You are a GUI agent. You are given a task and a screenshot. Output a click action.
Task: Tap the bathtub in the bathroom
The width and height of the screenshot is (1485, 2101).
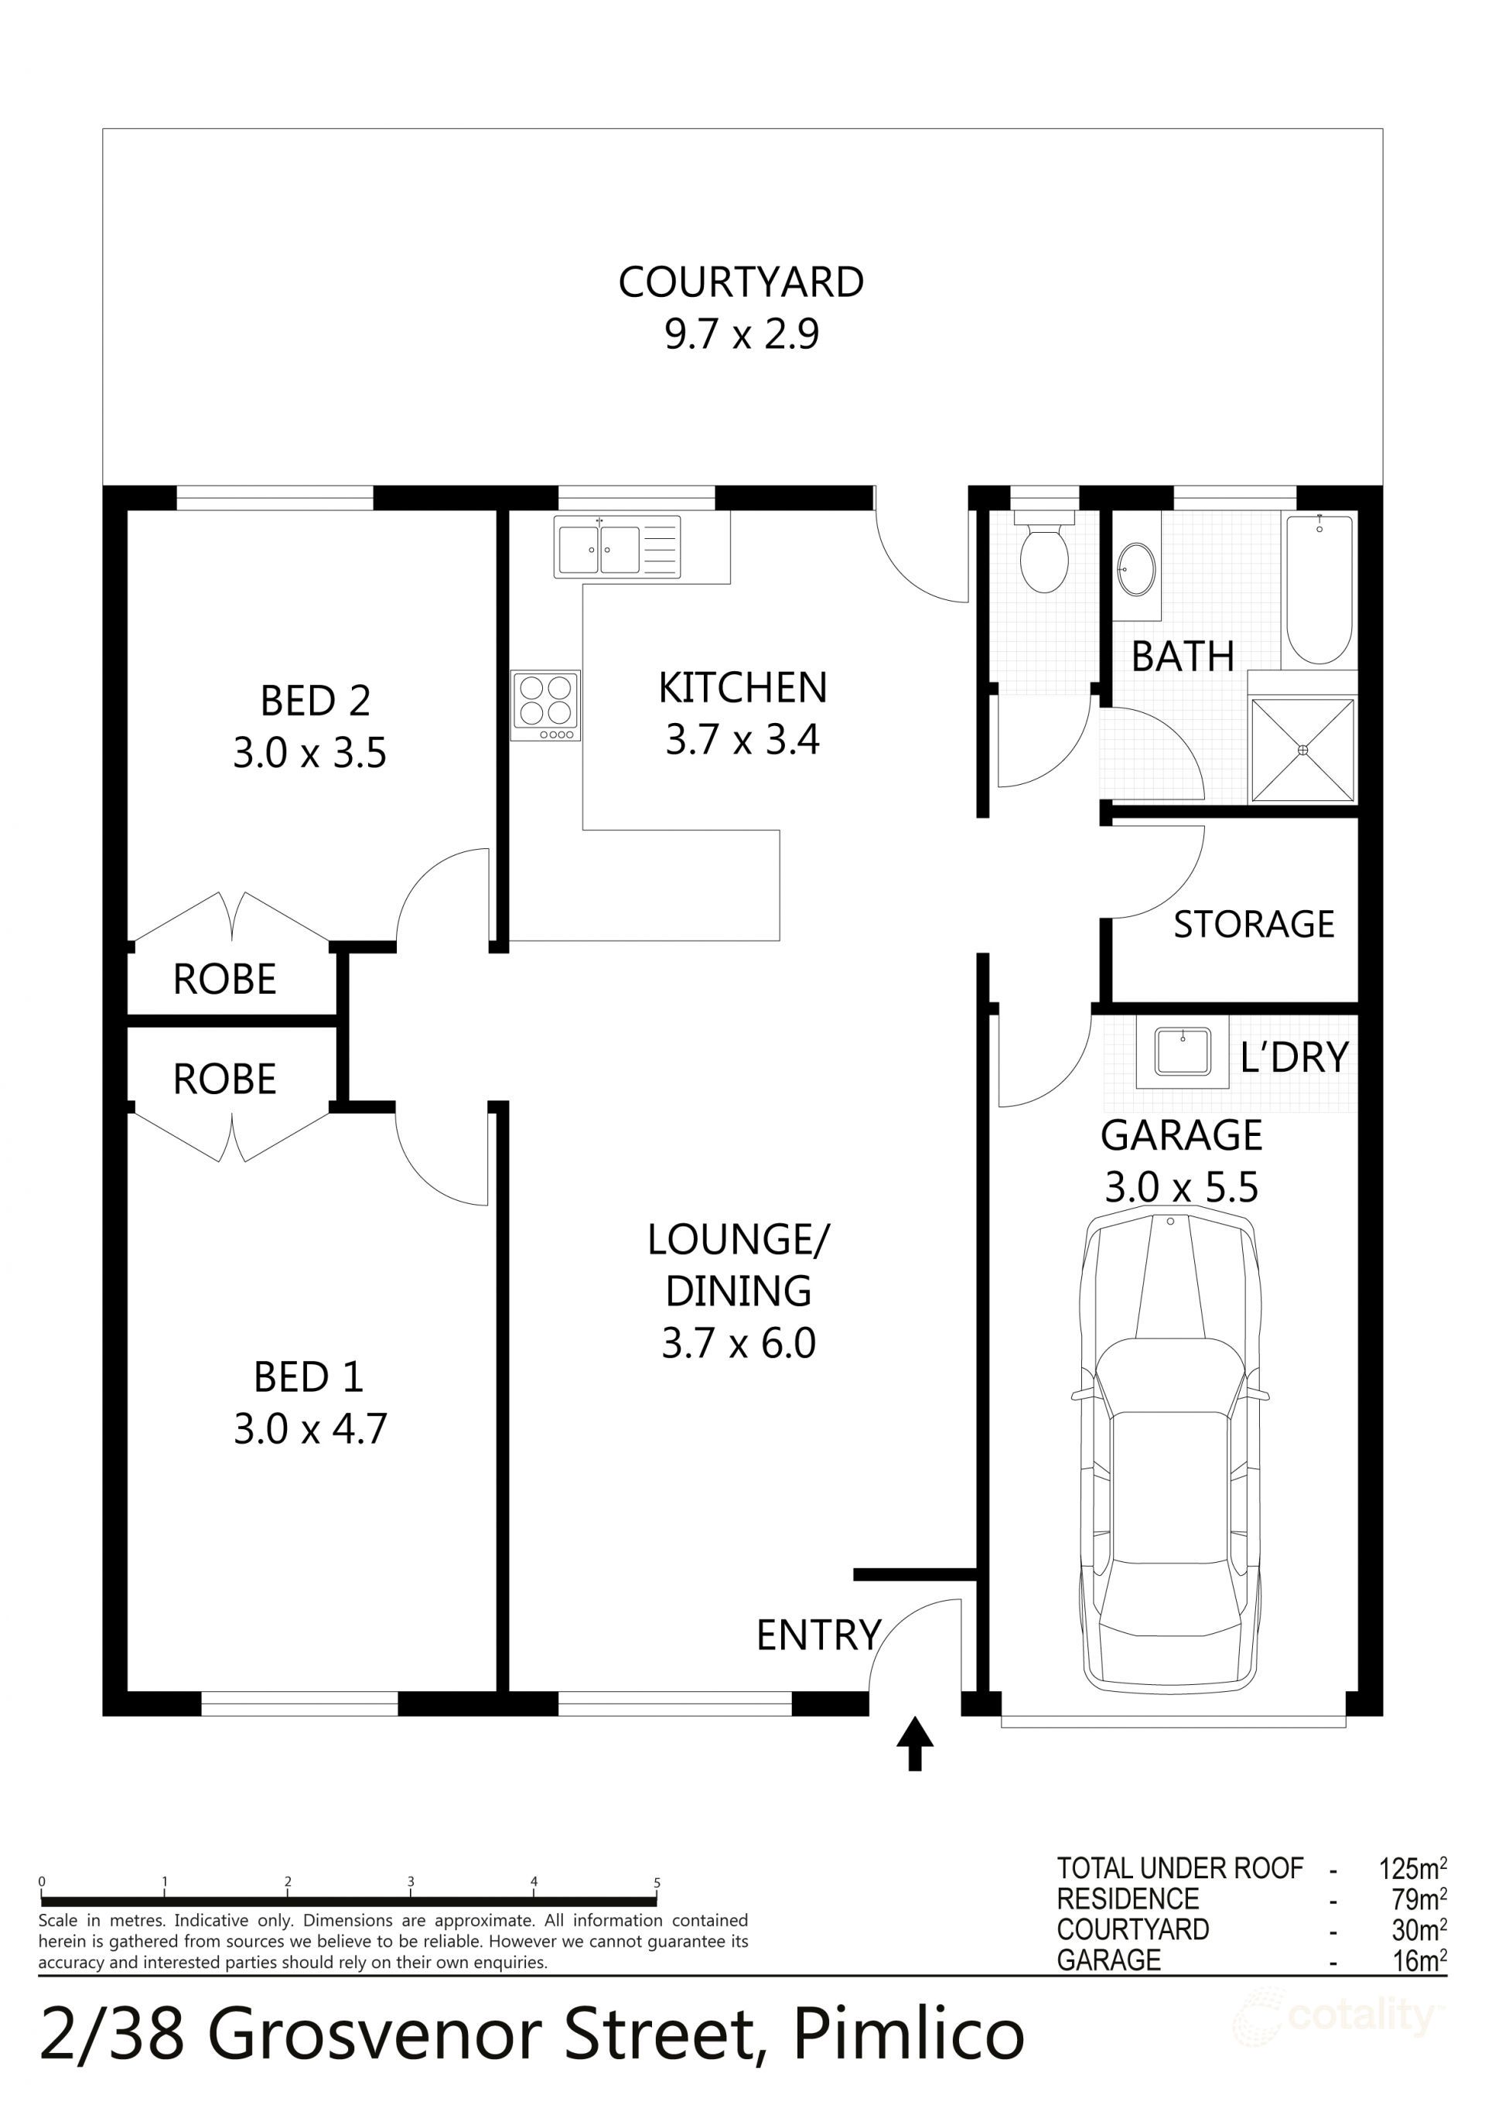pos(1319,589)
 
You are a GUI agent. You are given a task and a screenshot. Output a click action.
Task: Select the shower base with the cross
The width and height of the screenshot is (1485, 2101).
pos(1302,749)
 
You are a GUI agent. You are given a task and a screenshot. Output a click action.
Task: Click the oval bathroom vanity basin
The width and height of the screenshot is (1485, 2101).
pos(1136,569)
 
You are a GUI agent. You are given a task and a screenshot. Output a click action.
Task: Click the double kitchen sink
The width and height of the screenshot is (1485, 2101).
pos(617,546)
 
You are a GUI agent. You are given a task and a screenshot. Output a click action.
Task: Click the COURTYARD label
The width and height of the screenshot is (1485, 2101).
pos(741,281)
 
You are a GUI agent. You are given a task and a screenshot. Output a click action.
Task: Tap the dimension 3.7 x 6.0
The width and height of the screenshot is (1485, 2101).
pos(738,1343)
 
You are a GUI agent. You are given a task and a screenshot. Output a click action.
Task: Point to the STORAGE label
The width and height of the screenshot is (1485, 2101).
pos(1254,924)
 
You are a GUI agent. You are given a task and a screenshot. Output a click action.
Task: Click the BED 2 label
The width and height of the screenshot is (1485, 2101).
pos(315,701)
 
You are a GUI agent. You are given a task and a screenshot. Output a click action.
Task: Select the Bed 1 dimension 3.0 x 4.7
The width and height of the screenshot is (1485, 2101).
pos(310,1428)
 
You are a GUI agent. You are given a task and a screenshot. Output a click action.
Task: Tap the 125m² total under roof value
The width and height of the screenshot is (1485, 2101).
pos(1412,1867)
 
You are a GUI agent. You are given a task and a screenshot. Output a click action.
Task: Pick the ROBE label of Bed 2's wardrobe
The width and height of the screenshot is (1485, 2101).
pos(224,979)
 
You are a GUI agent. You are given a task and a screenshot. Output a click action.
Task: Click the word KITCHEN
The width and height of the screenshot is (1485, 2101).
pos(742,687)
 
